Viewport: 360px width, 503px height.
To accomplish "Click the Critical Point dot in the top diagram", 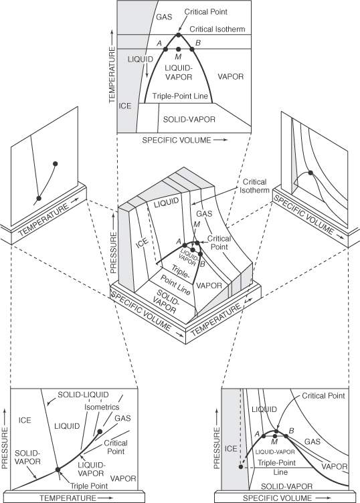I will [x=177, y=35].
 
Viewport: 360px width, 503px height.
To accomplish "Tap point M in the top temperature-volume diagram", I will [x=178, y=49].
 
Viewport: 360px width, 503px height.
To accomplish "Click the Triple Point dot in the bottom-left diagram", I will [x=58, y=469].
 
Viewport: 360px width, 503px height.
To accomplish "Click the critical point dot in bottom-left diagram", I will [x=100, y=431].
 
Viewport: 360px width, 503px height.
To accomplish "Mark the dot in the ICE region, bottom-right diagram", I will [x=240, y=466].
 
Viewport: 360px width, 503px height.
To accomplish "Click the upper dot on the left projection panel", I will [x=56, y=163].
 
